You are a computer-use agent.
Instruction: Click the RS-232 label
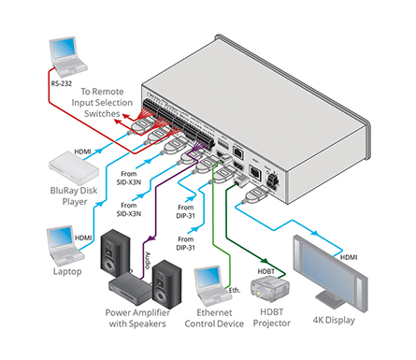pyautogui.click(x=62, y=83)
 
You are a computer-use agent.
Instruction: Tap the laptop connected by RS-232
pyautogui.click(x=68, y=57)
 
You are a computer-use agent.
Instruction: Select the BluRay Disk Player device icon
pyautogui.click(x=74, y=168)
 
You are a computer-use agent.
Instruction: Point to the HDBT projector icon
pyautogui.click(x=270, y=290)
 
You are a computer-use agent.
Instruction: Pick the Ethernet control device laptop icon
pyautogui.click(x=213, y=286)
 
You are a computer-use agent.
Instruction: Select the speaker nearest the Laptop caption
pyautogui.click(x=115, y=253)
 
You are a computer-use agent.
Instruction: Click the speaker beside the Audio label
pyautogui.click(x=166, y=284)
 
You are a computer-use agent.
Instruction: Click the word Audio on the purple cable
pyautogui.click(x=148, y=260)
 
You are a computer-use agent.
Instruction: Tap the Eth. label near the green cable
pyautogui.click(x=235, y=290)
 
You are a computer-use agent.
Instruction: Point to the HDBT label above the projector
pyautogui.click(x=265, y=271)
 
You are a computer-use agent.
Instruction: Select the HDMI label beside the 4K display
pyautogui.click(x=349, y=257)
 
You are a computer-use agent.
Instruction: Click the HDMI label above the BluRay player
pyautogui.click(x=82, y=151)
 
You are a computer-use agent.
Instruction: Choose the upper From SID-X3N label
pyautogui.click(x=129, y=178)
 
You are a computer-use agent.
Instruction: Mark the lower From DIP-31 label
pyautogui.click(x=185, y=243)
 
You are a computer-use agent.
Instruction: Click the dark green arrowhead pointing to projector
pyautogui.click(x=265, y=261)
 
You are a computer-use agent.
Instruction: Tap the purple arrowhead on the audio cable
pyautogui.click(x=151, y=239)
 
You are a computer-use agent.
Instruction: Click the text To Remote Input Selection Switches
pyautogui.click(x=102, y=103)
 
